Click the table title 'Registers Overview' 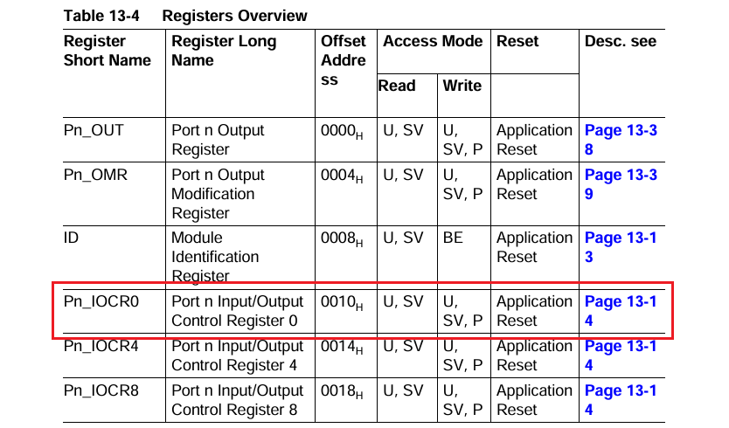[x=234, y=16]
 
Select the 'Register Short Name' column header [x=108, y=51]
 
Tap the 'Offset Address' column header [x=344, y=60]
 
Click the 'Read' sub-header [x=396, y=86]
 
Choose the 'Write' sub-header [x=462, y=86]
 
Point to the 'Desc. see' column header [x=620, y=41]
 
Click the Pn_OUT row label [x=94, y=130]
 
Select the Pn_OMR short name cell [x=95, y=175]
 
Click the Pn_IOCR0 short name [x=101, y=301]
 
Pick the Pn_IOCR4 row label [x=101, y=346]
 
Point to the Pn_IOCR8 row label [x=101, y=390]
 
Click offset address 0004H [x=342, y=176]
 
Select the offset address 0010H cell [x=342, y=302]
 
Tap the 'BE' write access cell [x=453, y=238]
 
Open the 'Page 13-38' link [x=620, y=140]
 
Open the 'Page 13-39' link [x=620, y=184]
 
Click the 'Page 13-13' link [x=620, y=247]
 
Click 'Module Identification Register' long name [x=215, y=257]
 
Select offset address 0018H [x=342, y=391]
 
